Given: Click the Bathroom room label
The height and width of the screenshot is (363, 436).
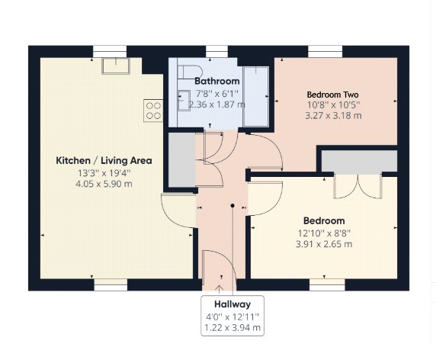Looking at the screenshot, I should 217,81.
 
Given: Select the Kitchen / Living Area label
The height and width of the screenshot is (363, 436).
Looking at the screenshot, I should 104,161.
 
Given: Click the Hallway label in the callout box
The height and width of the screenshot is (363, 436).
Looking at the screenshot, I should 232,303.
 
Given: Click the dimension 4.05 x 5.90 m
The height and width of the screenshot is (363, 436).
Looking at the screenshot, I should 104,185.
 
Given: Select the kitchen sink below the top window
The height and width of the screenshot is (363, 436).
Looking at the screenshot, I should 114,65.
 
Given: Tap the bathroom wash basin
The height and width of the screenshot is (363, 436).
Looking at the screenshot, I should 184,97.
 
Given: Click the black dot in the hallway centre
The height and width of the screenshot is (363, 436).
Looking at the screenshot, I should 232,205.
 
